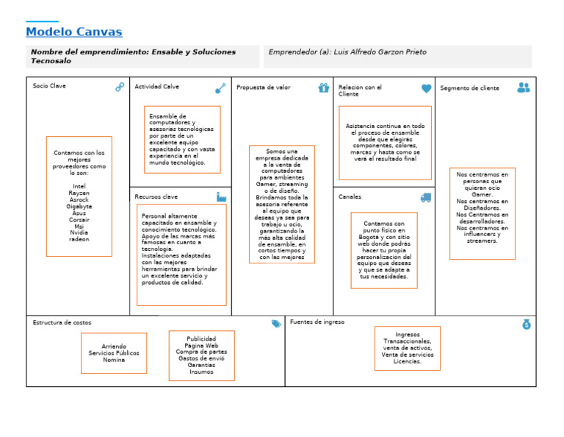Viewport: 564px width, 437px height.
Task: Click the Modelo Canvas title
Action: click(x=73, y=32)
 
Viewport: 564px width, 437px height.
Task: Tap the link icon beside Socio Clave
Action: click(x=120, y=87)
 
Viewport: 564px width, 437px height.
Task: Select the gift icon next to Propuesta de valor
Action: click(x=324, y=88)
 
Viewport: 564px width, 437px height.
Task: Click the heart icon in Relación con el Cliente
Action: click(x=426, y=88)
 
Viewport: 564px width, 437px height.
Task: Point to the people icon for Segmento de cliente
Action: click(x=523, y=88)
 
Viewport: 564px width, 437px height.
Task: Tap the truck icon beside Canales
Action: click(x=426, y=198)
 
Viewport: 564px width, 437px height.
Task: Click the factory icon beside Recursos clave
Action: click(x=221, y=197)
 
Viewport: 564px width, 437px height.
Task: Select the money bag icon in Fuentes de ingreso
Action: click(x=526, y=324)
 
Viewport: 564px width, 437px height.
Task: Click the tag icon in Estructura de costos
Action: click(x=276, y=323)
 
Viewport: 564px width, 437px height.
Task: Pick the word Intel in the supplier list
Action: click(x=79, y=187)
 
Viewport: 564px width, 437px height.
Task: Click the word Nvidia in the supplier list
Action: click(x=79, y=232)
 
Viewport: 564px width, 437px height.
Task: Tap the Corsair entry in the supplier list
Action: click(x=79, y=219)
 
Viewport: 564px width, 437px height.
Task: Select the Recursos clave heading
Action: click(x=156, y=197)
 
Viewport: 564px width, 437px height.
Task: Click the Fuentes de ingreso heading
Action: click(x=317, y=322)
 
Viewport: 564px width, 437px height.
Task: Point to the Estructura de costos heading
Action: click(x=62, y=323)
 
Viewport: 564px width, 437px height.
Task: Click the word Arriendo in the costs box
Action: click(x=114, y=347)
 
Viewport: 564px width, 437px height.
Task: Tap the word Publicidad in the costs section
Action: click(x=201, y=338)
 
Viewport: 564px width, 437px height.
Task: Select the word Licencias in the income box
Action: click(x=408, y=361)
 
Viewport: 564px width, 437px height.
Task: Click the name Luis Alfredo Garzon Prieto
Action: click(x=380, y=52)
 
